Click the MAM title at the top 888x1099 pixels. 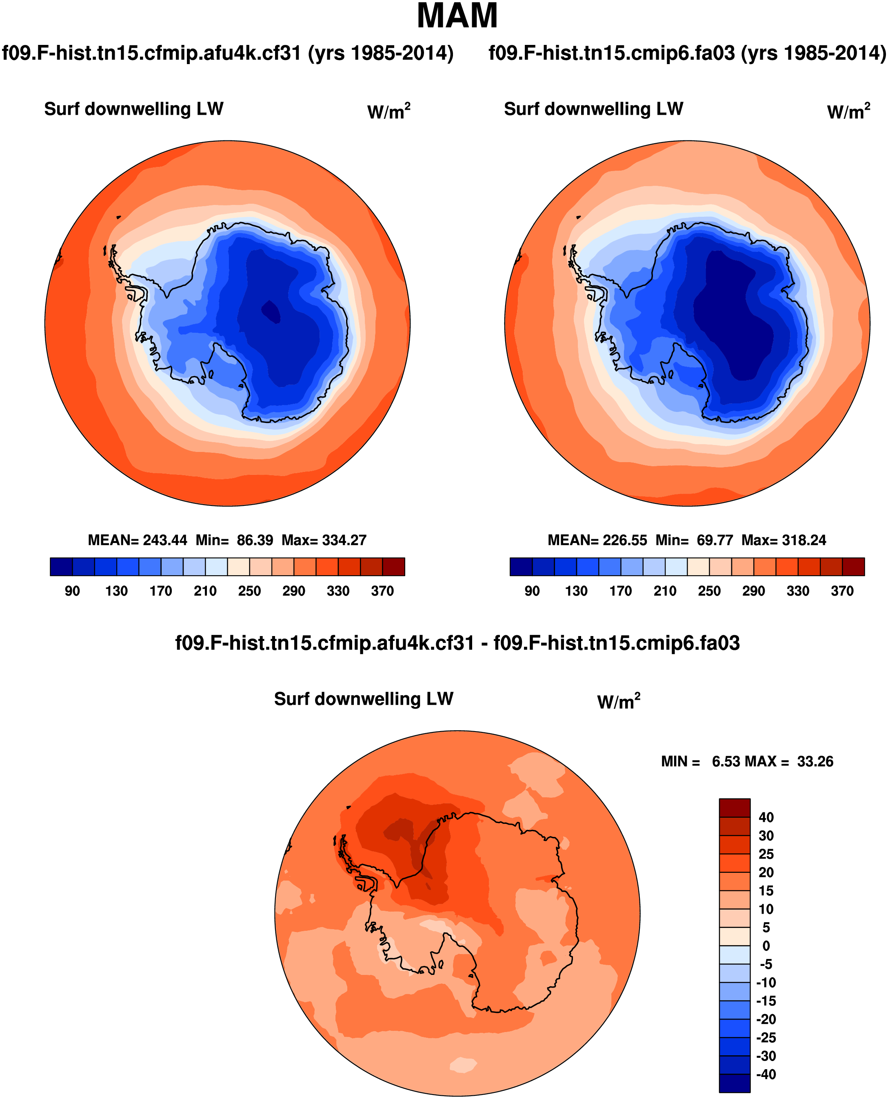457,16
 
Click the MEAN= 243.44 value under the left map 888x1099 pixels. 138,540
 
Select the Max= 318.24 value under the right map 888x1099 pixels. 784,540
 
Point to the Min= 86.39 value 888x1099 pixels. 234,540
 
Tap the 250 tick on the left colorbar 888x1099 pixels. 249,591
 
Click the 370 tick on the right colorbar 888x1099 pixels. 842,591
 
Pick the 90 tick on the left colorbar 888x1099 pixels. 72,591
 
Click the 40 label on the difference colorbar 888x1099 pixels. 766,817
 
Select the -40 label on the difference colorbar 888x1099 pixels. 766,1074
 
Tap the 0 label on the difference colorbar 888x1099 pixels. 766,945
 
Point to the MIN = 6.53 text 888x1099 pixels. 700,762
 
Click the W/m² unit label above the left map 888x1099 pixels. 389,111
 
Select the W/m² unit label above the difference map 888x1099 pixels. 618,701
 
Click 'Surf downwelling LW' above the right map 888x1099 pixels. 593,109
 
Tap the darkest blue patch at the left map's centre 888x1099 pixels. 271,311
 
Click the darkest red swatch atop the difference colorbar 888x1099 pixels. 735,808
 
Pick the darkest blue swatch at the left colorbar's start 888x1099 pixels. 61,567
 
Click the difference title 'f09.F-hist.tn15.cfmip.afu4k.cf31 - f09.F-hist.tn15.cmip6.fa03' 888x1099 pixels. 457,643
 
